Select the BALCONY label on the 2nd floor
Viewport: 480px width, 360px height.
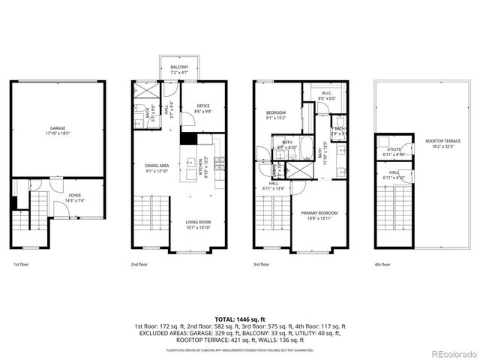pos(178,67)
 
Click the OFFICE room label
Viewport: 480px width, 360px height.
pos(202,106)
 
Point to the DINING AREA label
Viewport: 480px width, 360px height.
pos(157,166)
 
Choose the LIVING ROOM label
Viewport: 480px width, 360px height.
pos(199,222)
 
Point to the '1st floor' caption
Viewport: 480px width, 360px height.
pos(22,264)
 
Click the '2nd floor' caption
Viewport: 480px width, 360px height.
pos(139,264)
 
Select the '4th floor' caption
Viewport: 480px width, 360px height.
pos(382,264)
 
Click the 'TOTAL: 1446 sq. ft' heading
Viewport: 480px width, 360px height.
pos(240,319)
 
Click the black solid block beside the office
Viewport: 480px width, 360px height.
pos(188,139)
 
